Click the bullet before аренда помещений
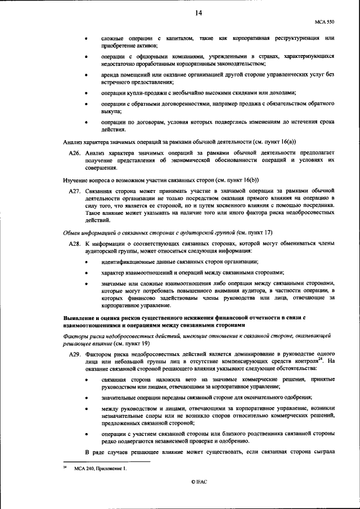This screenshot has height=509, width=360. tap(85, 75)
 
